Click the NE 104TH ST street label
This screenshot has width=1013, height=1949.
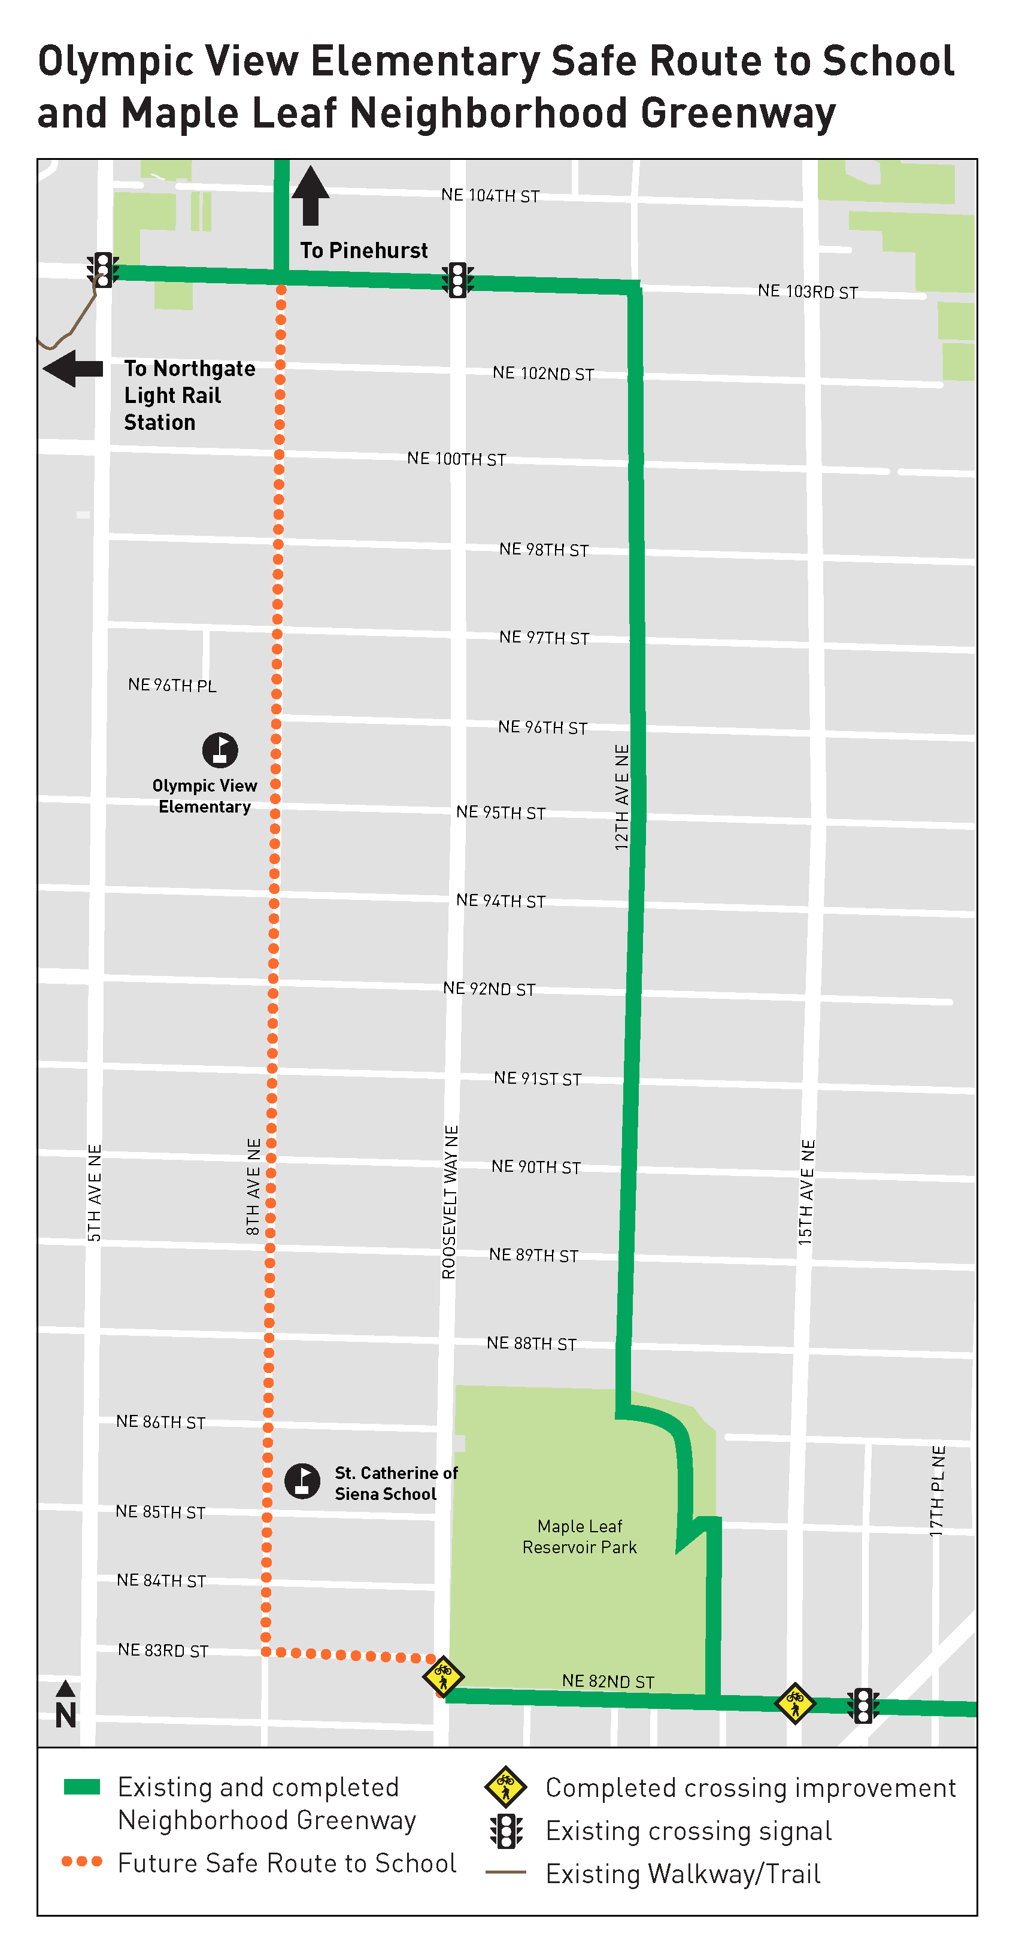click(x=490, y=195)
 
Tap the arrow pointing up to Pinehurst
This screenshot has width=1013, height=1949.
click(x=310, y=195)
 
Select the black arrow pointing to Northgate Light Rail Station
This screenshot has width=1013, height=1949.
click(x=72, y=368)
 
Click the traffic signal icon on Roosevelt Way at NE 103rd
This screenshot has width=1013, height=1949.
click(x=457, y=280)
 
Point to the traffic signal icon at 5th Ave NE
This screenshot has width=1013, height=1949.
click(x=102, y=269)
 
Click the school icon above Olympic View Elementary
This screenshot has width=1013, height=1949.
click(x=220, y=750)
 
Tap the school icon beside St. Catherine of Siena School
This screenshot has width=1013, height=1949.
click(x=302, y=1481)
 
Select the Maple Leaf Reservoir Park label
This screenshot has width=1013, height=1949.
click(x=580, y=1536)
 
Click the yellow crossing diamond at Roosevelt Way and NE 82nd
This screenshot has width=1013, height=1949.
click(x=442, y=1676)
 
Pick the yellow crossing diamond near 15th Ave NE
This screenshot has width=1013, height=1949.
click(x=794, y=1703)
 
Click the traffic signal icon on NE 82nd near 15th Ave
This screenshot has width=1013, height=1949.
click(x=863, y=1705)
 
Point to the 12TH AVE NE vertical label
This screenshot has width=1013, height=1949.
click(x=622, y=797)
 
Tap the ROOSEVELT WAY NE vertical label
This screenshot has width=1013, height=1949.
click(x=450, y=1202)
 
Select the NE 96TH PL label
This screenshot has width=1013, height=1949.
click(x=172, y=685)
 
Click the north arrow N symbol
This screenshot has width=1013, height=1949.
click(x=66, y=1707)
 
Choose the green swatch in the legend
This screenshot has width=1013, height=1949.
click(x=81, y=1787)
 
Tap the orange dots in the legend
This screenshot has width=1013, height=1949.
click(x=81, y=1861)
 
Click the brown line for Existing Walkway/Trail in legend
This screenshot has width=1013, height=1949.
click(x=505, y=1872)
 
